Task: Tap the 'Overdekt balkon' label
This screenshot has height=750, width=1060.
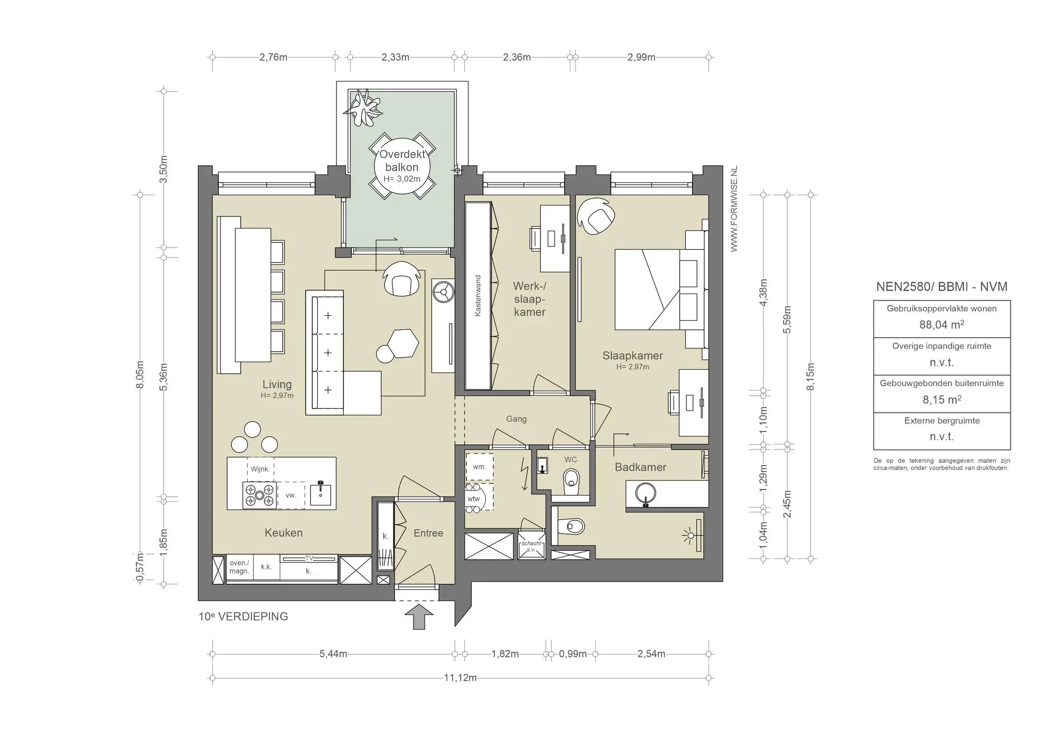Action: click(402, 161)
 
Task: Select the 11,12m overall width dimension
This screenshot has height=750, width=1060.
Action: click(460, 677)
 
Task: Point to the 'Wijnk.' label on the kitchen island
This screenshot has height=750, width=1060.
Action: click(260, 469)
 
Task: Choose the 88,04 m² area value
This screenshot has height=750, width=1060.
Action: click(941, 325)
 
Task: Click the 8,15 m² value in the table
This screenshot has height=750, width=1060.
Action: click(941, 399)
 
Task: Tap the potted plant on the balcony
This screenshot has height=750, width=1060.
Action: click(364, 108)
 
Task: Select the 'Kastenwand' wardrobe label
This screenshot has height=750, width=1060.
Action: click(478, 296)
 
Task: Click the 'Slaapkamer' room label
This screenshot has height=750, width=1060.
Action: click(632, 355)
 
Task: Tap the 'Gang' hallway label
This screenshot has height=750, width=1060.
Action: click(516, 419)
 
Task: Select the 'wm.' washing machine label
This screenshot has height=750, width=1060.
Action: click(479, 467)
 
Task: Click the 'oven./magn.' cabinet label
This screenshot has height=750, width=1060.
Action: click(239, 567)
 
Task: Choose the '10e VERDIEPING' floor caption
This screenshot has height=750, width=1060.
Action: click(243, 616)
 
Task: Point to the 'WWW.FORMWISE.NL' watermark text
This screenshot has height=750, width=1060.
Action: click(733, 209)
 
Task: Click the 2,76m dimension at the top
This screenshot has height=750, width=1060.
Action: click(273, 57)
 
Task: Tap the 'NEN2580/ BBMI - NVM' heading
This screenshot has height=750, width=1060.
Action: click(941, 286)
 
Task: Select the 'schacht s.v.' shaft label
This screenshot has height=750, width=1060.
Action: click(532, 546)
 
